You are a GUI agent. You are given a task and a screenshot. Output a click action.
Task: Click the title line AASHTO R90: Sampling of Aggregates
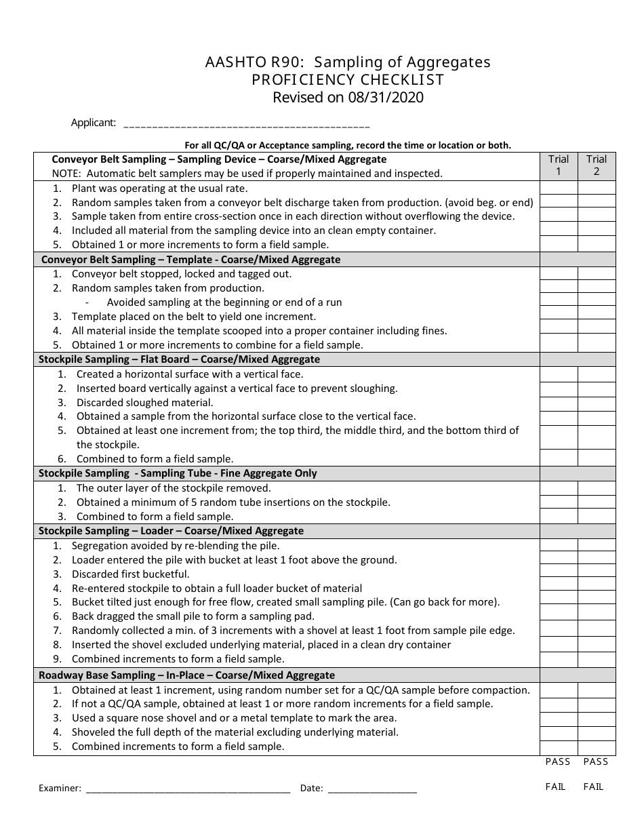coord(348,62)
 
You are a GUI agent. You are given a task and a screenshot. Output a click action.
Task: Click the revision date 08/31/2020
coord(384,98)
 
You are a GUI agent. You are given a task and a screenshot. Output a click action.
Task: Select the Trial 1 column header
coord(559,165)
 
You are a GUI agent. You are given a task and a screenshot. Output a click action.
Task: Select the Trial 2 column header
coord(597,165)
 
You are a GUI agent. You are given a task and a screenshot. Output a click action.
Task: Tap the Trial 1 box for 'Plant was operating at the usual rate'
coord(559,188)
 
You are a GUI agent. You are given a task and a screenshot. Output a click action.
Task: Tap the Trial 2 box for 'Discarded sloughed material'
coord(597,403)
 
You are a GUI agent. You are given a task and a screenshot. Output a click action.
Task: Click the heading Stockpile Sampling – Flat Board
coord(179,359)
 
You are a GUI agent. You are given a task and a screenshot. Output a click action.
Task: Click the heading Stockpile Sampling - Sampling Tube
coord(178,473)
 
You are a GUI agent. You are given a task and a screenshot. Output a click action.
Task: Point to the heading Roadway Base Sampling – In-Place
coord(186,675)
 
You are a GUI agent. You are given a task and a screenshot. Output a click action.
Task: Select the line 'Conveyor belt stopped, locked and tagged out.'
coord(182,274)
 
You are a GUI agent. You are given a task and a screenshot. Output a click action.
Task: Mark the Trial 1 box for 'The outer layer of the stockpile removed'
coord(559,488)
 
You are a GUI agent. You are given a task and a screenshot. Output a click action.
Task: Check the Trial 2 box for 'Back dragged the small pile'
coord(597,616)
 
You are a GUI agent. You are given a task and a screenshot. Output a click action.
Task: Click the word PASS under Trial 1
coord(558,762)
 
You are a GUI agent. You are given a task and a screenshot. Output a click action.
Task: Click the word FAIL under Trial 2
coord(593,787)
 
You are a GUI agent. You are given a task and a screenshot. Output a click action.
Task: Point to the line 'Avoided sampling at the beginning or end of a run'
coord(224,302)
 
